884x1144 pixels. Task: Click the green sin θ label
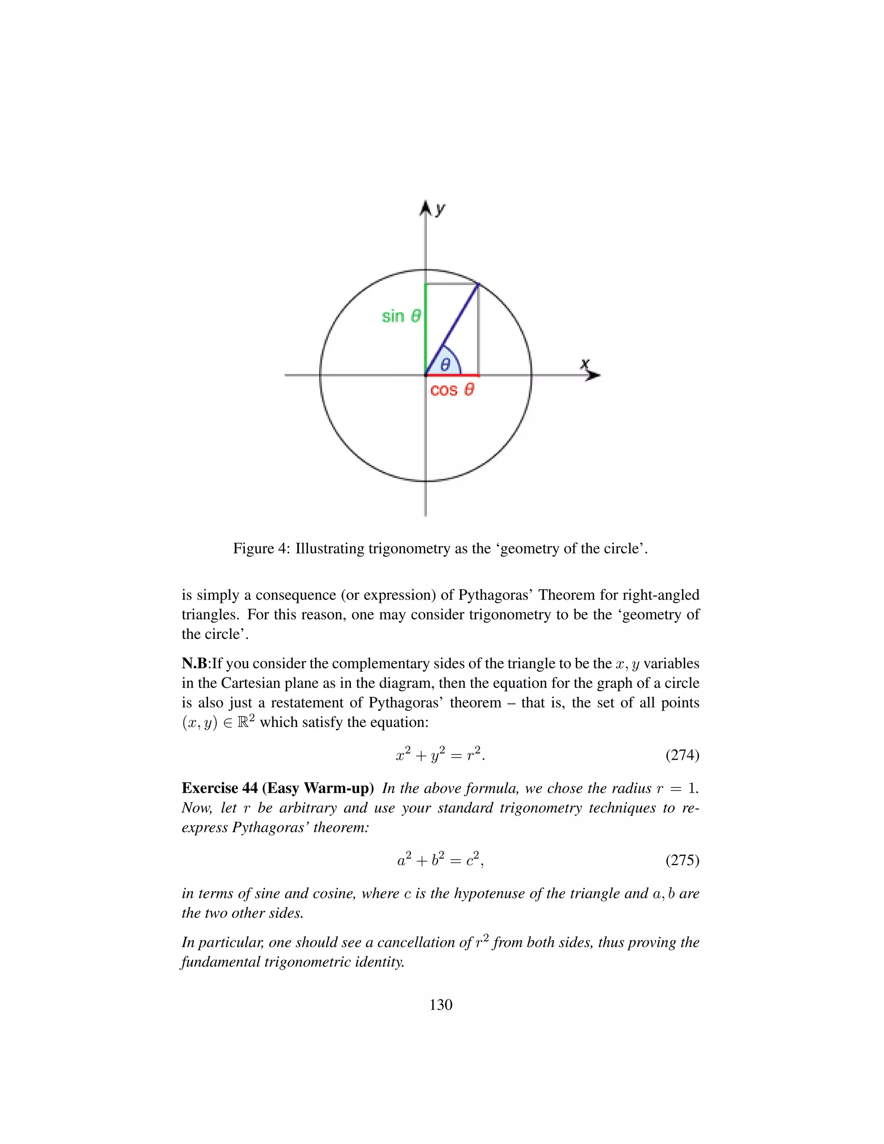401,316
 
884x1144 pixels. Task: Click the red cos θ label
452,390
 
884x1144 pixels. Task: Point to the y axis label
440,209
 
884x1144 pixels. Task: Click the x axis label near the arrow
585,363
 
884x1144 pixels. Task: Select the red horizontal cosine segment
452,375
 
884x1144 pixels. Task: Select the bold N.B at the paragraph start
194,664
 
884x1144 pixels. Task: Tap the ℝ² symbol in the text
246,721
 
